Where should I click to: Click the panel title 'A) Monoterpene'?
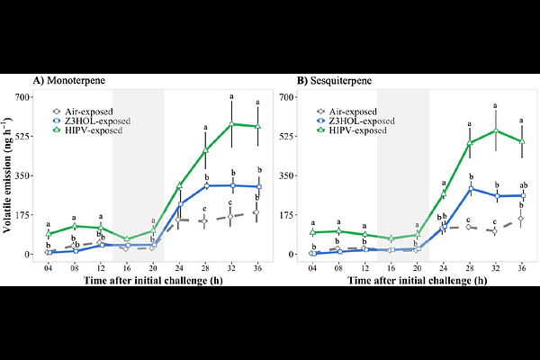coord(69,80)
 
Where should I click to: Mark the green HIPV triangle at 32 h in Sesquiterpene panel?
coord(496,130)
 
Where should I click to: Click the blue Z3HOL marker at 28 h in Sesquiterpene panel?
coord(470,189)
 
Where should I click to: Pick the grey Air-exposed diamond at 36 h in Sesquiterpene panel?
coord(522,219)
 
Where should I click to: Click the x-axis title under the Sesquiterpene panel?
coord(417,281)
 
